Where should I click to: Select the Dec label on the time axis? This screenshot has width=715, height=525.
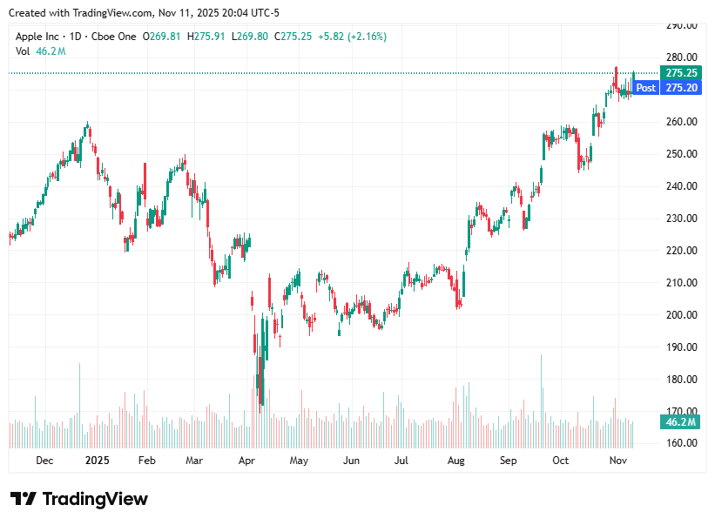point(44,461)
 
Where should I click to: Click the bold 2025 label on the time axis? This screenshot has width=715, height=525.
point(98,461)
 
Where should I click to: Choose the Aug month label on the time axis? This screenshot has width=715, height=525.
point(455,461)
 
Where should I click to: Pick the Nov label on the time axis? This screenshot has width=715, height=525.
point(618,461)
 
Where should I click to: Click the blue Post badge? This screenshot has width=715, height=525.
point(645,88)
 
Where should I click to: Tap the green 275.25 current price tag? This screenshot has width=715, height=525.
point(680,73)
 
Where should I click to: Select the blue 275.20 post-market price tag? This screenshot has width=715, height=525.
point(680,88)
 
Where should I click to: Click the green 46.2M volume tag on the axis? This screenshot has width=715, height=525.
point(680,422)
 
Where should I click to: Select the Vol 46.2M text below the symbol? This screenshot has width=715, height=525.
point(40,51)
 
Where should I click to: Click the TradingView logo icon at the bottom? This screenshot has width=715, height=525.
point(24,499)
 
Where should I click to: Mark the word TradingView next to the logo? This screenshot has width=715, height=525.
point(95,499)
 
